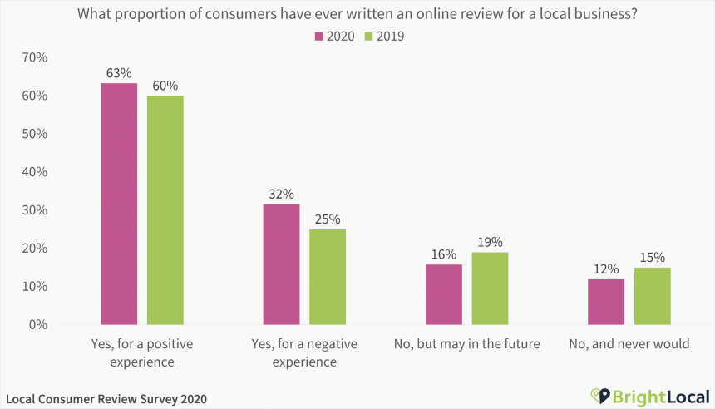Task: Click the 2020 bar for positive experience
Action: (x=119, y=204)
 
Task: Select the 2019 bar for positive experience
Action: (x=165, y=209)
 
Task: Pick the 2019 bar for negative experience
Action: (x=328, y=277)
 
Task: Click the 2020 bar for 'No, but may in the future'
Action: (x=443, y=294)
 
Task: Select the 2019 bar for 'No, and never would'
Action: (x=653, y=296)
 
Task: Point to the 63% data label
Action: (x=119, y=73)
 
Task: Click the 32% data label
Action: (x=281, y=194)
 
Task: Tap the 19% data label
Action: (x=491, y=242)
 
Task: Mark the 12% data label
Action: (x=606, y=269)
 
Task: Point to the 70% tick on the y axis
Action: (x=35, y=57)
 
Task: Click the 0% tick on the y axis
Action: (x=38, y=324)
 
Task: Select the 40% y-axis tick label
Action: (x=35, y=172)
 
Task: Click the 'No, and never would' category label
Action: (x=629, y=343)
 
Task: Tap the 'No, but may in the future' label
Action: (x=466, y=343)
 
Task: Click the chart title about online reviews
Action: (x=357, y=14)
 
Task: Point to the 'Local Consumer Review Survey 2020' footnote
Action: (x=106, y=399)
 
